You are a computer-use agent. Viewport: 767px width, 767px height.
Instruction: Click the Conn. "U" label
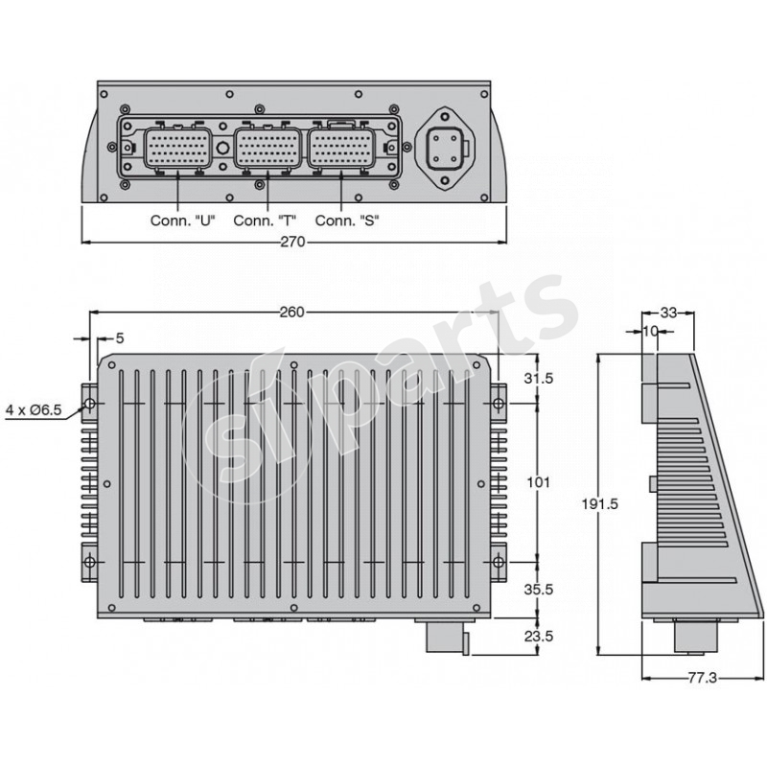coord(182,220)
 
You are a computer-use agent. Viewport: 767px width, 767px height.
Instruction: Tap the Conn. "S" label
coord(347,220)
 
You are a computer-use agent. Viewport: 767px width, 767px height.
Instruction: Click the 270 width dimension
coord(292,243)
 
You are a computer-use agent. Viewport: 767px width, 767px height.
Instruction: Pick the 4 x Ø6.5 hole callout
coord(34,409)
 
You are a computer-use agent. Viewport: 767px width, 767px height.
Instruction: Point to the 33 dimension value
coord(669,313)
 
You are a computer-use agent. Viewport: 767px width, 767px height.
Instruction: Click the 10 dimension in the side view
coord(649,331)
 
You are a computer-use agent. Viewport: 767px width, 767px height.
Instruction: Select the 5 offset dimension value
coord(120,337)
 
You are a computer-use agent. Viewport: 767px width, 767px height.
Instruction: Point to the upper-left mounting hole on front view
coord(89,405)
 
